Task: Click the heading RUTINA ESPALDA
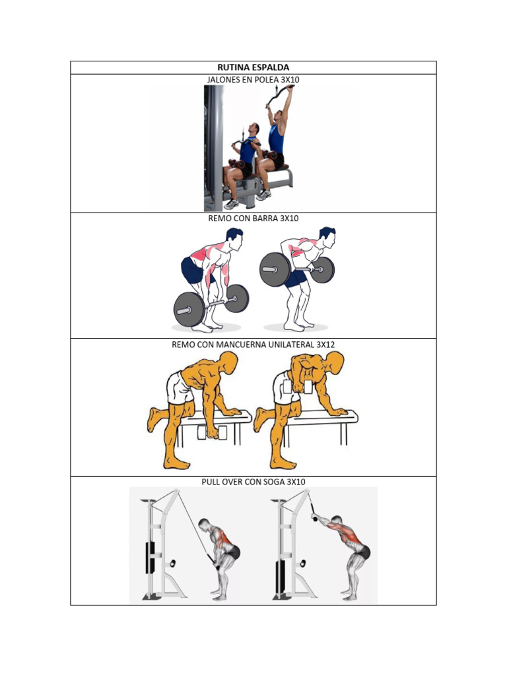(253, 67)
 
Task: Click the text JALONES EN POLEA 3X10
(253, 80)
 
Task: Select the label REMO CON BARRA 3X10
(253, 219)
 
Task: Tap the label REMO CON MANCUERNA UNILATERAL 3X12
(253, 345)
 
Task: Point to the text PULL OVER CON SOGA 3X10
(253, 483)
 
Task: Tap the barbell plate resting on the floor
(189, 308)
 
